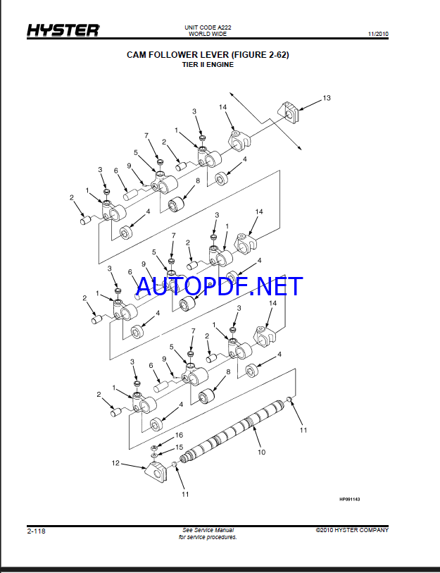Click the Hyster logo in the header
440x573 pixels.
[x=63, y=30]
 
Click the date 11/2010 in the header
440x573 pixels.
[x=378, y=34]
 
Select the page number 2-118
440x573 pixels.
[x=36, y=531]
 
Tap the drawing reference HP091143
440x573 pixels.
[x=349, y=499]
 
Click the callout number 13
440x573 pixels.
[x=327, y=98]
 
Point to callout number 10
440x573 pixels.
[x=261, y=452]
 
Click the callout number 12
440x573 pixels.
[x=115, y=463]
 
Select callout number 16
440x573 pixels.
[x=179, y=435]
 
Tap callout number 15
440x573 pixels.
[x=180, y=448]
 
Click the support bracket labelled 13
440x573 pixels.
[x=289, y=113]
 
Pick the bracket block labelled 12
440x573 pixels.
[x=155, y=473]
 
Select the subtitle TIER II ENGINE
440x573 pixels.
[x=208, y=65]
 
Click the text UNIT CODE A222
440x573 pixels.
[x=208, y=27]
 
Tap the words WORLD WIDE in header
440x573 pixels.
[x=208, y=34]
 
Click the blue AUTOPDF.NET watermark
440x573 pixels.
[x=219, y=286]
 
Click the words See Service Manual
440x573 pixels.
[x=208, y=530]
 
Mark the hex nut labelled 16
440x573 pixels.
[x=154, y=448]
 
